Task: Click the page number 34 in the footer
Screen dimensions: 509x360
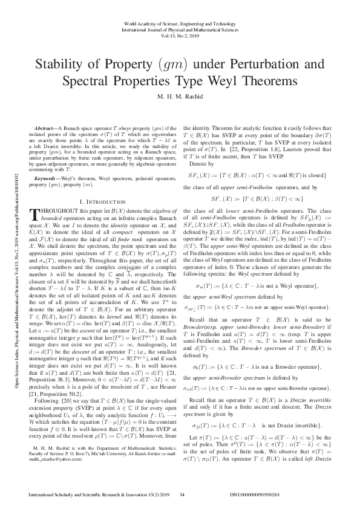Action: tap(182, 494)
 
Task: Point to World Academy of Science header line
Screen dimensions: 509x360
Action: tap(180, 22)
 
